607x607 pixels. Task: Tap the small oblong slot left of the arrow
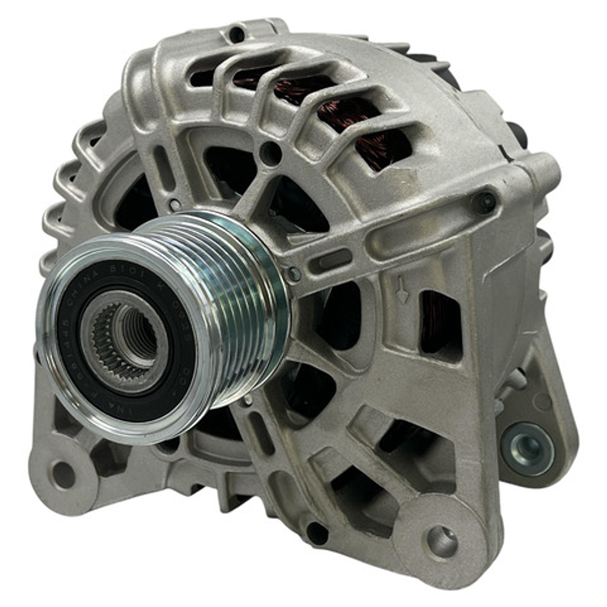pos(335,260)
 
